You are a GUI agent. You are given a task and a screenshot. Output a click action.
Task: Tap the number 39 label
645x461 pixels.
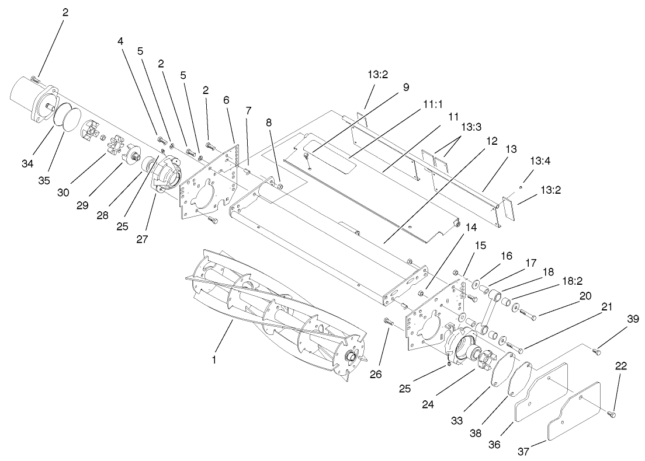[x=633, y=319]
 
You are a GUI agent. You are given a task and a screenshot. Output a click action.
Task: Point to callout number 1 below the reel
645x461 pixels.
[x=214, y=359]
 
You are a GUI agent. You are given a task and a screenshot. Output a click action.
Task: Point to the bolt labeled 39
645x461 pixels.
[x=597, y=351]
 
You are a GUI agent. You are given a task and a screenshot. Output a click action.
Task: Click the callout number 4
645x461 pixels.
[x=120, y=41]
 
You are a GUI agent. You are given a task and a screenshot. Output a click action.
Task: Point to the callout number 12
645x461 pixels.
[x=491, y=141]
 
